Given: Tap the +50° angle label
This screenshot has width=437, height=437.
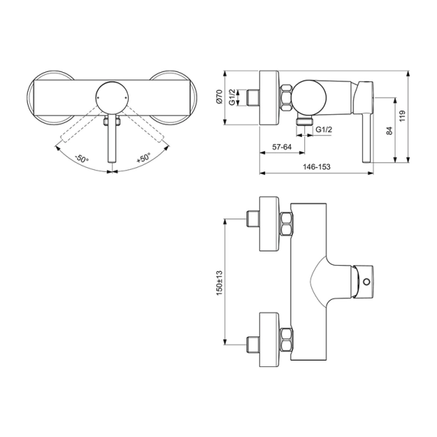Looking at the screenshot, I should [x=146, y=159].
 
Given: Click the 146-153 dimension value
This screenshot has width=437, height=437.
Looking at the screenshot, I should [x=316, y=166].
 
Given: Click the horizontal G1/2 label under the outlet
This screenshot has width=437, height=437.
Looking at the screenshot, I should [x=323, y=129].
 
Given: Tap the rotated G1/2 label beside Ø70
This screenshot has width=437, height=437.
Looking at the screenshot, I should [x=241, y=98].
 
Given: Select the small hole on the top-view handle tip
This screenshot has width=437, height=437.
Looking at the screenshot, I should [x=366, y=283].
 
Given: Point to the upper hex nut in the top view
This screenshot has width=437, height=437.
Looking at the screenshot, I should [x=286, y=224].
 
